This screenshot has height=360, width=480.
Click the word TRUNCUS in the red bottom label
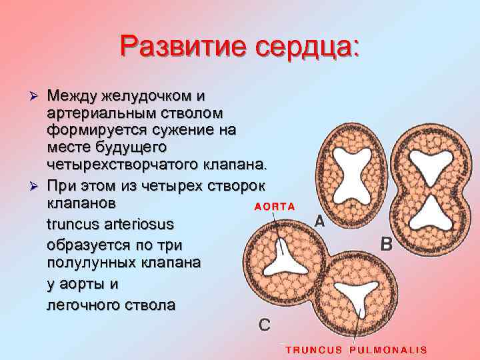pos(313,349)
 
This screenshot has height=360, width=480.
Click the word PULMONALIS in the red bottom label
pos(388,349)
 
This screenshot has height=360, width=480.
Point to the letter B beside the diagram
pos(385,245)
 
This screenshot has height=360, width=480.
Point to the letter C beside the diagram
pos(265,325)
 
